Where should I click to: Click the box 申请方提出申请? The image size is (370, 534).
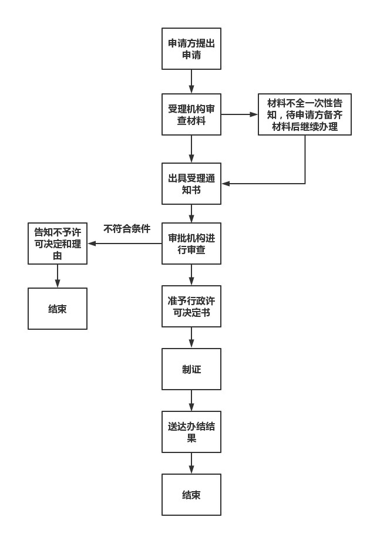click(191, 49)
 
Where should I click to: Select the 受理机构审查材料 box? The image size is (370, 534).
click(191, 114)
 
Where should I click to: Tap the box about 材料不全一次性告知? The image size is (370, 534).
click(305, 114)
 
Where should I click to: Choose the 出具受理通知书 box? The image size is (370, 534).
click(191, 184)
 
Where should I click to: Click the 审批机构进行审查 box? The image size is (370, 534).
click(191, 244)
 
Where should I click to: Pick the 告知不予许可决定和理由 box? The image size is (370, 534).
click(58, 244)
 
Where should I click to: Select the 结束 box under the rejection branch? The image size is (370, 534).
click(58, 308)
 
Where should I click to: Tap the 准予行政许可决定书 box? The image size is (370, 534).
click(191, 306)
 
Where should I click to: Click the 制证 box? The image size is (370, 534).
click(191, 369)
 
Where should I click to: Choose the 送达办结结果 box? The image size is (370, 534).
click(191, 432)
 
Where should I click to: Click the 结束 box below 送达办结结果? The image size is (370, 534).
click(191, 495)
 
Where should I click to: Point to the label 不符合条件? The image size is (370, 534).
click(127, 229)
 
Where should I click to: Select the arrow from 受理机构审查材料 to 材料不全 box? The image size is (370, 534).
click(240, 114)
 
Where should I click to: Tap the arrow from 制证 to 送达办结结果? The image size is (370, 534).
click(191, 400)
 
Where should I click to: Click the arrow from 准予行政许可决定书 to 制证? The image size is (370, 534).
click(191, 337)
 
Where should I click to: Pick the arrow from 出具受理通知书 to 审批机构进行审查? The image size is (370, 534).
click(191, 214)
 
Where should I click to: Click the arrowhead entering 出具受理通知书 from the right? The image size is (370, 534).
click(226, 184)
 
